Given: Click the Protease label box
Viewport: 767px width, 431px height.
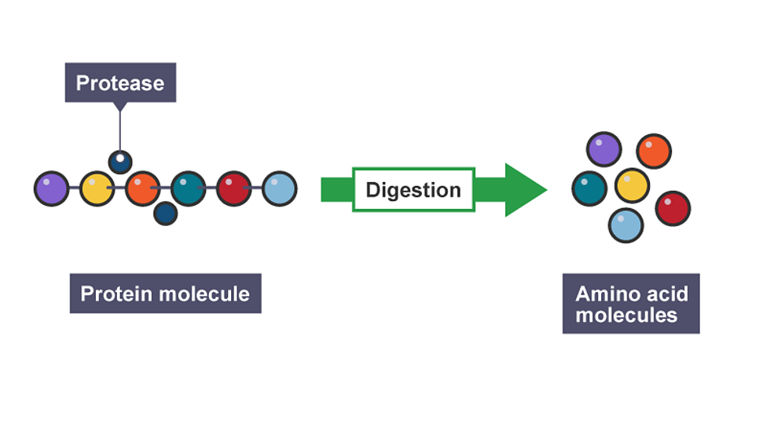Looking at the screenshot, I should (120, 82).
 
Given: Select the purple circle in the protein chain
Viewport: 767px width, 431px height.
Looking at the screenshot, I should (51, 189).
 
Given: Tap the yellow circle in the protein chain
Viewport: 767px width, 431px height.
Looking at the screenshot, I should (97, 189).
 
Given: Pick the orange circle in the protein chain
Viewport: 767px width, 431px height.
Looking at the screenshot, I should (142, 189).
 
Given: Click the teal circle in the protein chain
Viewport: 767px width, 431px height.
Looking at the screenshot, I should (189, 189).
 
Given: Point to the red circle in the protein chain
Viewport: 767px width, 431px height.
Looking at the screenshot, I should (234, 189).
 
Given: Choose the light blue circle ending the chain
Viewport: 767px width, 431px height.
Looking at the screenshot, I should (280, 189).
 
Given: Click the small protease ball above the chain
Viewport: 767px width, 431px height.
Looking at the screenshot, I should (119, 162).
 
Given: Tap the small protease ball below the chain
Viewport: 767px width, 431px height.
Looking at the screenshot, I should (165, 213).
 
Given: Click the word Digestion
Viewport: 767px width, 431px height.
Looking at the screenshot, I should (413, 190).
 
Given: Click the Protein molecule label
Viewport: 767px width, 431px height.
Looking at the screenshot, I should (165, 294).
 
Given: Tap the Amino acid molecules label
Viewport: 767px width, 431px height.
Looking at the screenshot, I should (631, 305).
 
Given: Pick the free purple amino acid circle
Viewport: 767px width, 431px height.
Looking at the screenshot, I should (604, 149).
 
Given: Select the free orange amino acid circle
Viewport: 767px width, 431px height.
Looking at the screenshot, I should (654, 152).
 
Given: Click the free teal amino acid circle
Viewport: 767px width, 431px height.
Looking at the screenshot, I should (589, 188).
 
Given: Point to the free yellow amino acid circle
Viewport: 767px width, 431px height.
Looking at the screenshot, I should (632, 185).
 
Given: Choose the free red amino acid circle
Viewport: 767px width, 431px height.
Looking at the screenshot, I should (673, 208).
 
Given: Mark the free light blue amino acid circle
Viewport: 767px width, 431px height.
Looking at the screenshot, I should (626, 225).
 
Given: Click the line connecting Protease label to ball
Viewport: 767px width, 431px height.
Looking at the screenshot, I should (119, 126).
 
